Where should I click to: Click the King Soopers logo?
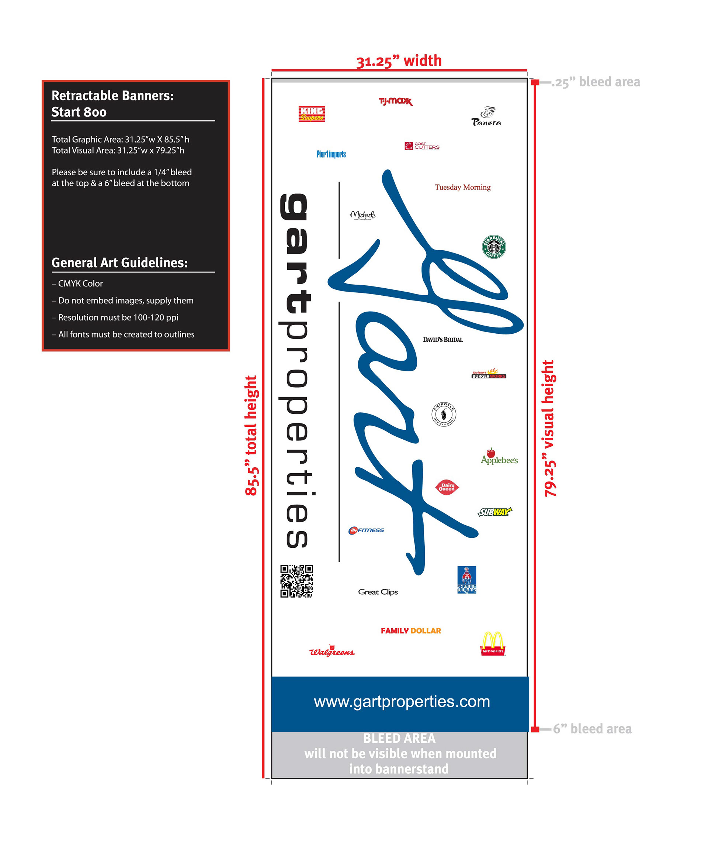click(312, 114)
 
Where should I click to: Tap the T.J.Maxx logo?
click(396, 101)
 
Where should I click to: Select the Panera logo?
click(486, 117)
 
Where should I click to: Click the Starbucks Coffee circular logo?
click(494, 247)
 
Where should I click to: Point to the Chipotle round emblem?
click(444, 415)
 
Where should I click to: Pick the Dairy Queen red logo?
click(447, 487)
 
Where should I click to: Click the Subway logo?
click(495, 512)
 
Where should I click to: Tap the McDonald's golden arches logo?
click(493, 644)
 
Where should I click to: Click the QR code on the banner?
click(296, 581)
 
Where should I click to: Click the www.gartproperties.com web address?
click(402, 701)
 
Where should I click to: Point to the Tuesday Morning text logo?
click(462, 188)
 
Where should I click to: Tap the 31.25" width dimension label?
click(399, 61)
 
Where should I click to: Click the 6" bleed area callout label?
click(592, 729)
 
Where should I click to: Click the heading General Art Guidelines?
click(119, 262)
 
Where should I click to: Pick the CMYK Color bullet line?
click(77, 284)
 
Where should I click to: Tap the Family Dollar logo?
click(411, 631)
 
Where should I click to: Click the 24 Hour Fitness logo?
click(366, 530)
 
